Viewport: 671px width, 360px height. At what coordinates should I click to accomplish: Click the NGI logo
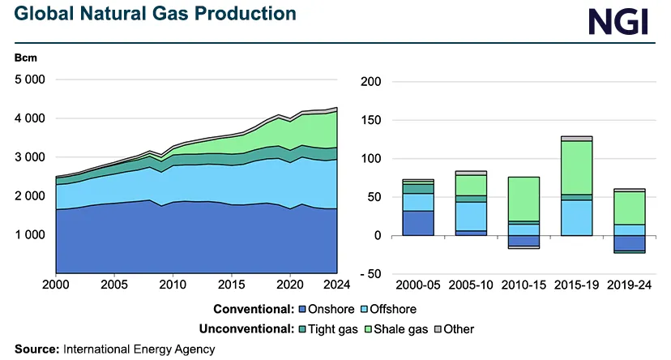pos(619,22)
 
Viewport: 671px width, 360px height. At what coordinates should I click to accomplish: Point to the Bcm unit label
pos(25,58)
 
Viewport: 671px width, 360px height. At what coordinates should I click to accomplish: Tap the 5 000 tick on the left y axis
pos(30,79)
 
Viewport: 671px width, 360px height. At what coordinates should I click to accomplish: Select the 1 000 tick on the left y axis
pos(30,235)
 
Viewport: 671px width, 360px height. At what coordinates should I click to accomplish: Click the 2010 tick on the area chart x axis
pos(170,285)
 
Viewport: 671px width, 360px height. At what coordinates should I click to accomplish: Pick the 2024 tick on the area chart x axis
pos(335,285)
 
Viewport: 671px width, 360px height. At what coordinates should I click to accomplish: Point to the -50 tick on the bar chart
pos(372,274)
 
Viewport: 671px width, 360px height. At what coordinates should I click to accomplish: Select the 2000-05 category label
pos(418,285)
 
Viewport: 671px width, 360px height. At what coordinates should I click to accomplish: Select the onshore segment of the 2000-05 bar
pos(418,223)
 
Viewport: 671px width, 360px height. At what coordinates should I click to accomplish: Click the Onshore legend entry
pos(328,309)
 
